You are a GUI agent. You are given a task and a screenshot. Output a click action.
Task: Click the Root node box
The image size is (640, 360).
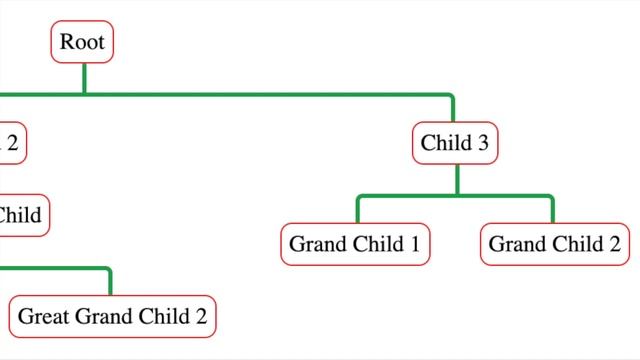pyautogui.click(x=83, y=43)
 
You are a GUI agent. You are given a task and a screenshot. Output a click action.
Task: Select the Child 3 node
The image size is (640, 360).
pyautogui.click(x=455, y=143)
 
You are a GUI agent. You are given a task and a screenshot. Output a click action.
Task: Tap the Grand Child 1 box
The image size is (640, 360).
pyautogui.click(x=354, y=244)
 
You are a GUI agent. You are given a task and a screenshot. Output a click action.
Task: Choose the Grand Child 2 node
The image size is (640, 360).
pyautogui.click(x=554, y=244)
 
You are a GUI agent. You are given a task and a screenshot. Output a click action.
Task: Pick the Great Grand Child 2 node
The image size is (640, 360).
pyautogui.click(x=112, y=316)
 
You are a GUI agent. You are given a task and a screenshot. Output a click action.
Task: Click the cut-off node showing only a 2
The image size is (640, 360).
pyautogui.click(x=11, y=143)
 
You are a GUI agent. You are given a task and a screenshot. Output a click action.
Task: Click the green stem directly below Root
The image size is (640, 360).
pyautogui.click(x=84, y=79)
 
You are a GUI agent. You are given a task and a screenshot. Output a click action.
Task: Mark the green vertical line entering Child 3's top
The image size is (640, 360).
pyautogui.click(x=453, y=110)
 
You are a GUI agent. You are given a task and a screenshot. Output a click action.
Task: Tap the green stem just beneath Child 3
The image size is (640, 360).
pyautogui.click(x=457, y=179)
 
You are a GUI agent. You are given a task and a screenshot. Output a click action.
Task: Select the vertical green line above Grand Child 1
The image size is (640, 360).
pyautogui.click(x=358, y=211)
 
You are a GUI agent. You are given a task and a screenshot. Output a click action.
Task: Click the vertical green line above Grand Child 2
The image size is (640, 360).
pyautogui.click(x=553, y=211)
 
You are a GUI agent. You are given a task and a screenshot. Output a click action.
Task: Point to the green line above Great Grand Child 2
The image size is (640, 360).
pyautogui.click(x=110, y=282)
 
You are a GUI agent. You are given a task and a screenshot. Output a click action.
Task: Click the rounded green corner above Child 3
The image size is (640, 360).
pyautogui.click(x=450, y=97)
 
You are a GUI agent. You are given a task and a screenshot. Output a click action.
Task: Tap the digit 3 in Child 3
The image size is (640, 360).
pyautogui.click(x=483, y=143)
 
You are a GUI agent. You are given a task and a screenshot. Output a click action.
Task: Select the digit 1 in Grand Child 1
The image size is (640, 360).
pyautogui.click(x=413, y=244)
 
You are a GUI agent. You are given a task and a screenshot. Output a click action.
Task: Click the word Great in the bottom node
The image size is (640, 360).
pyautogui.click(x=43, y=316)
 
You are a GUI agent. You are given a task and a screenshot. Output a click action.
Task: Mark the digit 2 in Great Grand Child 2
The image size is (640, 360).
pyautogui.click(x=200, y=316)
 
